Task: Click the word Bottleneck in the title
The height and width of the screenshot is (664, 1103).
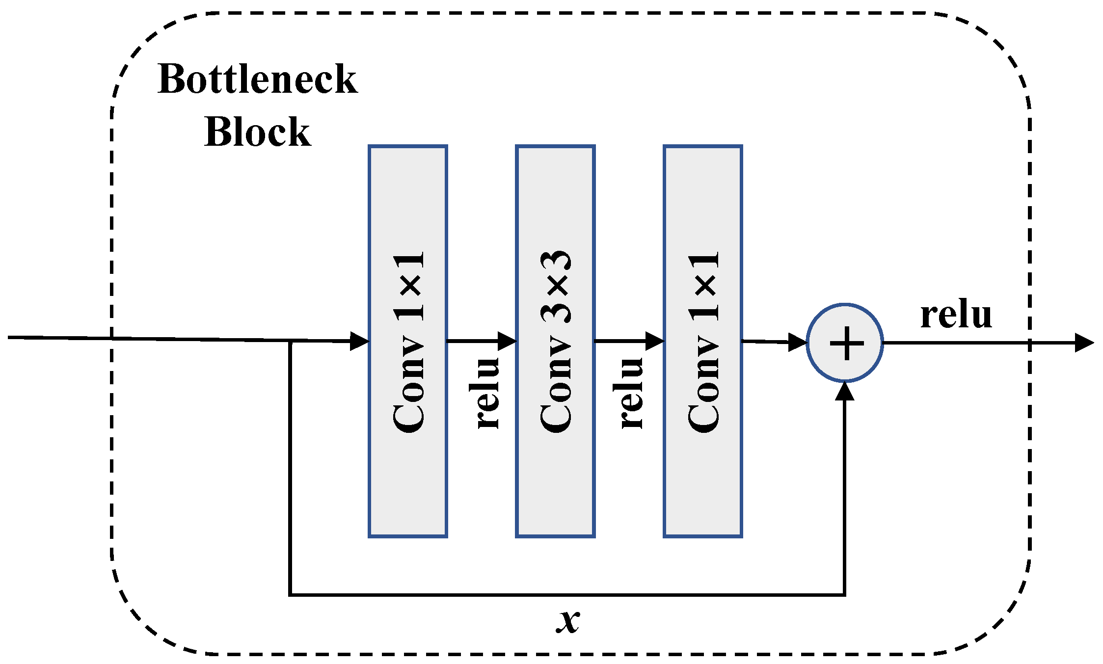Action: coord(257,80)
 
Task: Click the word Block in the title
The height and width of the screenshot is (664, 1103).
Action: coord(257,133)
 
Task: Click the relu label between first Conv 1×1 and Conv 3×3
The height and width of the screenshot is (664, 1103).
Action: coord(488,393)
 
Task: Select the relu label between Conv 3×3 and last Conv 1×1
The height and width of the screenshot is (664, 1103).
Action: coord(631,393)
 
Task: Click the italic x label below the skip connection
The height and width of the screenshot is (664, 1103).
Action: coord(568,621)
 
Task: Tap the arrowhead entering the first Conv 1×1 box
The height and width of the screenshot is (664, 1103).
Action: coord(360,341)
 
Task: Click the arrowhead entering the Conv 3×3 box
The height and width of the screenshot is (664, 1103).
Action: coord(508,341)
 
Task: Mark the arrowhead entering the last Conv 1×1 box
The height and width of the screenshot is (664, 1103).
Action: coord(655,341)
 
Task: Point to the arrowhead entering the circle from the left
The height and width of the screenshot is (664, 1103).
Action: coord(798,343)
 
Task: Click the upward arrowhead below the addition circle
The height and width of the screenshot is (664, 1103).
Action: coord(845,391)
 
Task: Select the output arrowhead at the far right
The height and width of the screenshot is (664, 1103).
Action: coord(1084,343)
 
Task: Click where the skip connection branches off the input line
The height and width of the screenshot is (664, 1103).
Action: coord(291,341)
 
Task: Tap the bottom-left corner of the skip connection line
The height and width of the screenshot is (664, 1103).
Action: coord(291,595)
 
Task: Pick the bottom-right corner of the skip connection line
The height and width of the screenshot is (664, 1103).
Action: coord(844,595)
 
